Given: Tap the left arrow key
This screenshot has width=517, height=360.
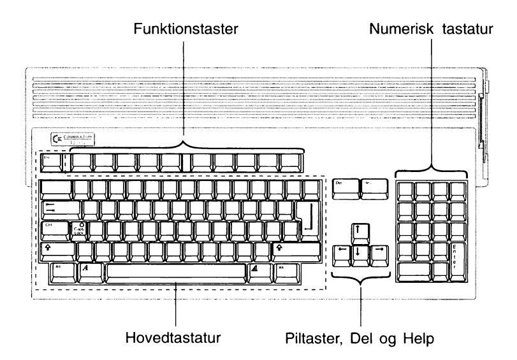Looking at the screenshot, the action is pyautogui.click(x=342, y=250).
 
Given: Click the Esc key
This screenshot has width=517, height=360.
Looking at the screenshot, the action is pyautogui.click(x=52, y=162).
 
